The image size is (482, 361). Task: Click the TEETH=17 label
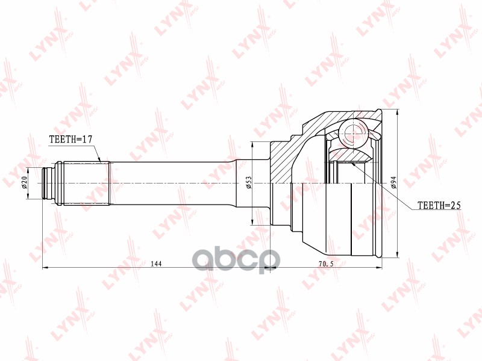pyautogui.click(x=70, y=140)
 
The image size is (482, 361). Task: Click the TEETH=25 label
pyautogui.click(x=439, y=205)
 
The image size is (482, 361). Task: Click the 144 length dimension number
pyautogui.click(x=156, y=263)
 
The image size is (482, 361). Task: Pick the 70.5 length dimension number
pyautogui.click(x=325, y=263)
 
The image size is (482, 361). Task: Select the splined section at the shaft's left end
pyautogui.click(x=84, y=182)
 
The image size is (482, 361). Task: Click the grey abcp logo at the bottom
pyautogui.click(x=235, y=259)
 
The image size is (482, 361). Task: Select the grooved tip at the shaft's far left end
pyautogui.click(x=49, y=182)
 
